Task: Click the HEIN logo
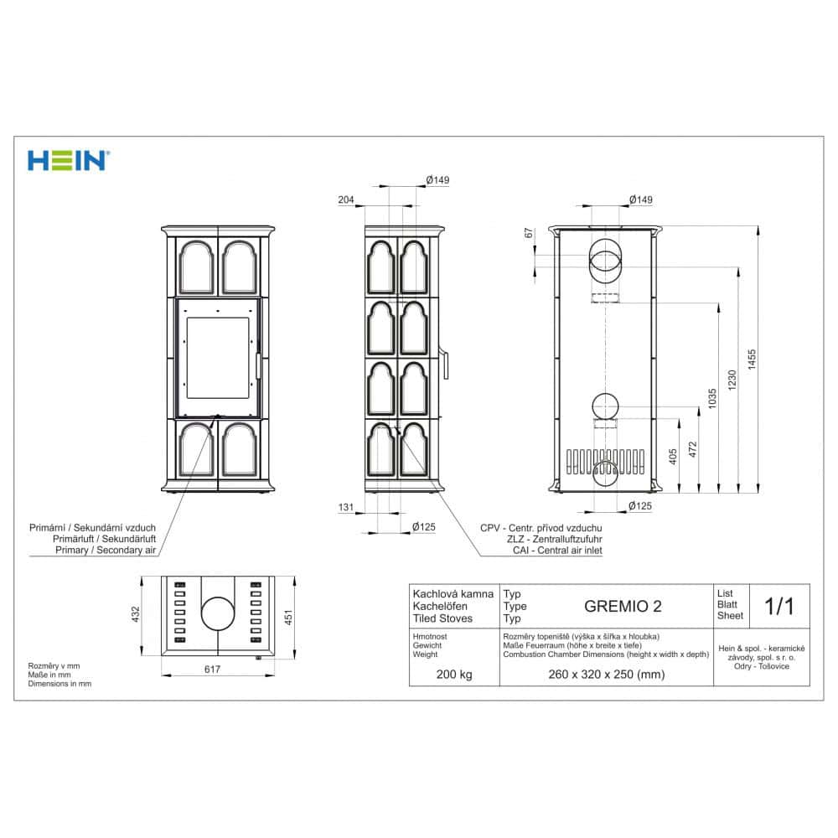(x=68, y=160)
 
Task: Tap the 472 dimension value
(x=692, y=450)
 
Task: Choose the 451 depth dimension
(x=290, y=617)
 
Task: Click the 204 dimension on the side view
(x=346, y=199)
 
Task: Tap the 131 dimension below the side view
(x=346, y=508)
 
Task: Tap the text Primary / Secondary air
(x=106, y=551)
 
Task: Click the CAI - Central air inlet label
(x=541, y=551)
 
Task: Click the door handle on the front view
(x=258, y=366)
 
